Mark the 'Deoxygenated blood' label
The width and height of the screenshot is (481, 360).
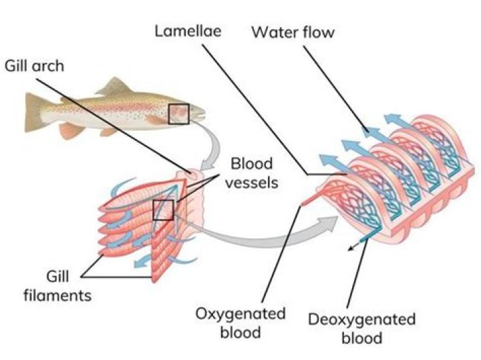[x=361, y=327]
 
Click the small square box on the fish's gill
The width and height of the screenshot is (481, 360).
[x=178, y=114]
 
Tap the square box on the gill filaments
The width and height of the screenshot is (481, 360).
[x=163, y=210]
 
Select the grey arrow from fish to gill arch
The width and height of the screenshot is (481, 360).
[x=212, y=149]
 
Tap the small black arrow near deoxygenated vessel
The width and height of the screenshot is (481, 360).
[x=352, y=250]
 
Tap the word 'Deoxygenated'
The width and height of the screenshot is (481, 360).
[x=361, y=319]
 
